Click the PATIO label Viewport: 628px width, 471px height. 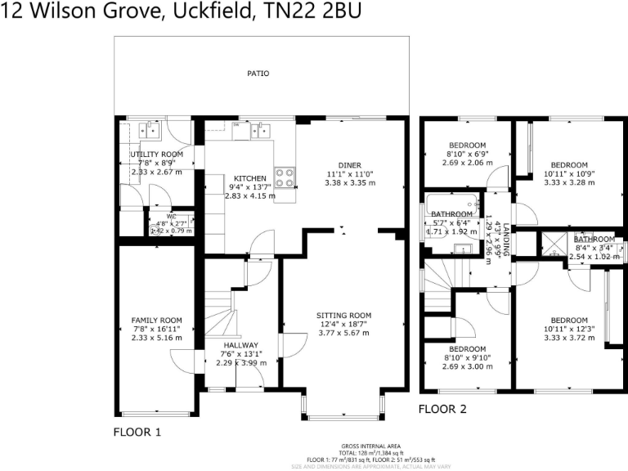(x=258, y=74)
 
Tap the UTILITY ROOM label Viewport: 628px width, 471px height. (x=157, y=154)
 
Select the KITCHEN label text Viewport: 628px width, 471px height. (x=250, y=178)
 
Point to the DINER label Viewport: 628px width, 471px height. (x=350, y=165)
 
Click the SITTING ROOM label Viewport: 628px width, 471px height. (x=344, y=315)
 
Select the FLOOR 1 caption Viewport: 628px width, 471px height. (x=137, y=431)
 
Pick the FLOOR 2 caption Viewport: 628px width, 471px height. (x=442, y=408)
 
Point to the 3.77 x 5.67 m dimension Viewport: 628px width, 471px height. (x=344, y=333)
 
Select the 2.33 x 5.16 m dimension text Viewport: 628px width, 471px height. (x=156, y=338)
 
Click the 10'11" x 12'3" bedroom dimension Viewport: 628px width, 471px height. (x=569, y=329)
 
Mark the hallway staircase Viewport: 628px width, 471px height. (x=219, y=315)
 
